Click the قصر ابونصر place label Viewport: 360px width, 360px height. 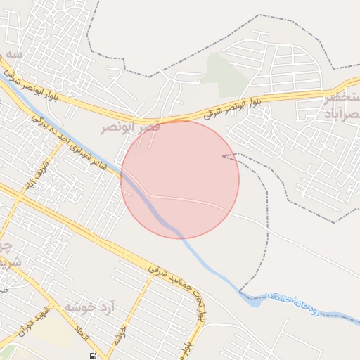click(131, 127)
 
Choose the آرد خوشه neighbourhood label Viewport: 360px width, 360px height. click(89, 308)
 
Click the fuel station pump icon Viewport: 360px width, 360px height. click(94, 354)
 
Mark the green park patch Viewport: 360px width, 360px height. click(225, 74)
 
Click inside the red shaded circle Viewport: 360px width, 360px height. click(180, 179)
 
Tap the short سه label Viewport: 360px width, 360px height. click(14, 54)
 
